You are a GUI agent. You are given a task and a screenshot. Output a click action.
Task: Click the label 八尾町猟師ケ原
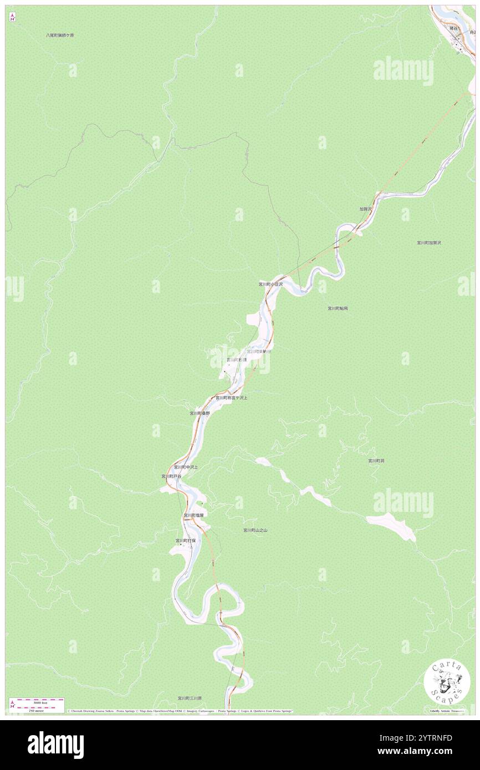tap(60, 35)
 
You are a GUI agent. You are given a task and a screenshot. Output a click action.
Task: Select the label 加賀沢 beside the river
tap(365, 209)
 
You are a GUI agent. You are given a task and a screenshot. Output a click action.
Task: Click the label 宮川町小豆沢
tap(270, 284)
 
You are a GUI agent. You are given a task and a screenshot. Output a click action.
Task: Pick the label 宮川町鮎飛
tap(338, 308)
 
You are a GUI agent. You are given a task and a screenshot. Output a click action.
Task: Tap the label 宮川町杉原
tap(237, 360)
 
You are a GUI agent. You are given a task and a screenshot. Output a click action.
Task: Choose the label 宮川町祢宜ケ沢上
tap(231, 398)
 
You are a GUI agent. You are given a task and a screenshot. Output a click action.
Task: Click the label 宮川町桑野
tap(200, 413)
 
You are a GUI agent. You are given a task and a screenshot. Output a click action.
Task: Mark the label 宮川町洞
tap(376, 460)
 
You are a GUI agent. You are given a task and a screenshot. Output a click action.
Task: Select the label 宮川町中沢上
tap(186, 467)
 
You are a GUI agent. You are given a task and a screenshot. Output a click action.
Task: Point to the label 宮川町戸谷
tap(171, 476)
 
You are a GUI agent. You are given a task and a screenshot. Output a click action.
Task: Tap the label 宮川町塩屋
tap(194, 515)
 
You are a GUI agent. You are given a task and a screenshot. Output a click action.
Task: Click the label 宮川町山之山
tap(255, 530)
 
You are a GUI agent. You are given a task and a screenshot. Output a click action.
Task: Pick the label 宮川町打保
tap(186, 540)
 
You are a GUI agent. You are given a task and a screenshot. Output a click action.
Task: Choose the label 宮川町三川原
tap(190, 698)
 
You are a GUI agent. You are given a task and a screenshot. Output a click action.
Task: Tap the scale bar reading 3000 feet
tap(38, 701)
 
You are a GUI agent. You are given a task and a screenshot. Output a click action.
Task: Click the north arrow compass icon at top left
tap(12, 17)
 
